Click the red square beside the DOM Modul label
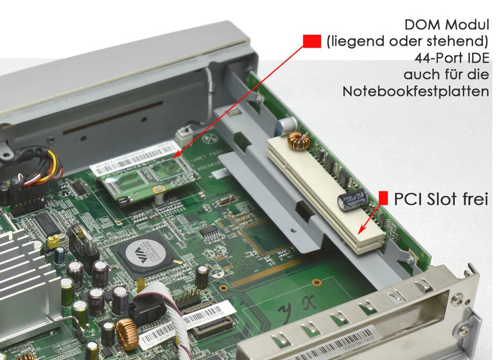312,41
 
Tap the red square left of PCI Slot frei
384,198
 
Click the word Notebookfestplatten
416,92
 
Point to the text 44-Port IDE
451,57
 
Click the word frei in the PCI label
473,199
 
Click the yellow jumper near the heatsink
52,241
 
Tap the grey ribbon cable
155,295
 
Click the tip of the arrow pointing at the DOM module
174,157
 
